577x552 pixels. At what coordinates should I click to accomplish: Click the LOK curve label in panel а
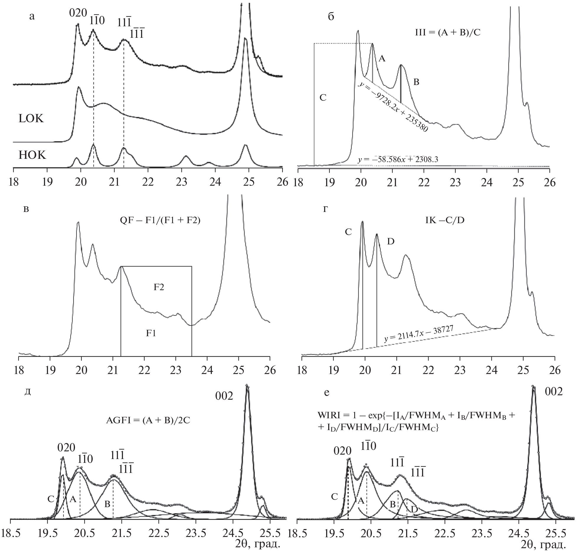coord(31,119)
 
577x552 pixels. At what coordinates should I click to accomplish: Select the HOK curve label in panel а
coord(32,155)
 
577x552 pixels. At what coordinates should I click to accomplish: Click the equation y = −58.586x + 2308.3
coord(398,160)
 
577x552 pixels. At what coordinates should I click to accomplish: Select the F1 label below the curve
coord(151,334)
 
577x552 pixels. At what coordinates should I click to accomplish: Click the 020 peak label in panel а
coord(78,13)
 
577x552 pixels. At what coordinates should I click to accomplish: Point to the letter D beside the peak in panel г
coord(390,242)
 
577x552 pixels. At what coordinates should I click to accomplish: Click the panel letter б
coord(331,17)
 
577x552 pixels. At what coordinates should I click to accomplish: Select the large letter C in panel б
coord(323,98)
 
